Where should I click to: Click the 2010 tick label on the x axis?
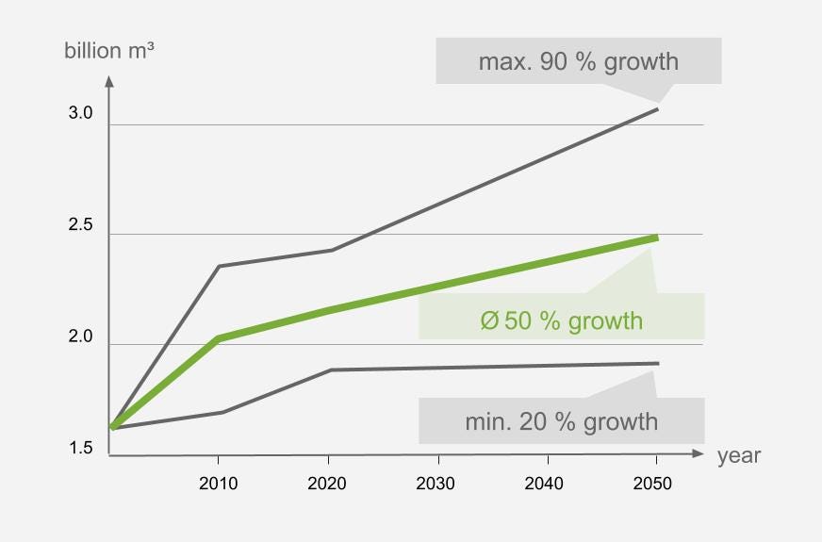coord(218,484)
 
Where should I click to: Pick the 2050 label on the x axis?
coord(652,484)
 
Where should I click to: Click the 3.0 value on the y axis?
coord(81,114)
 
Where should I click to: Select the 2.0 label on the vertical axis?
coord(81,337)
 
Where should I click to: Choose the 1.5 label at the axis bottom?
coord(81,449)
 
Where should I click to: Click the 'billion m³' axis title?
coord(109,50)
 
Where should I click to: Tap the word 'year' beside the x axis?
coord(738,456)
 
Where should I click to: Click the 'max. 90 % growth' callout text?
coord(578,62)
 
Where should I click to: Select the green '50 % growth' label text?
coord(561,320)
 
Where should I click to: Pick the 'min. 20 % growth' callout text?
coord(561,421)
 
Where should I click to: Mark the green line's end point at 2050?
coord(656,238)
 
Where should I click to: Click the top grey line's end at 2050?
coord(657,109)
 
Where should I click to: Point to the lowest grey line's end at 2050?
coord(657,363)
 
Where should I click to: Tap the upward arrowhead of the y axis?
coord(109,82)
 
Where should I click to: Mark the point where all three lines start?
coord(112,428)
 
